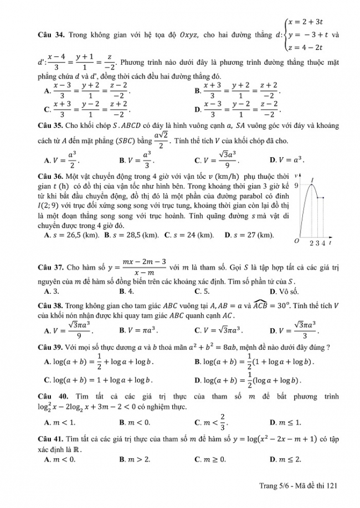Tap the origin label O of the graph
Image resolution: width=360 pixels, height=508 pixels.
pyautogui.click(x=297, y=242)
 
